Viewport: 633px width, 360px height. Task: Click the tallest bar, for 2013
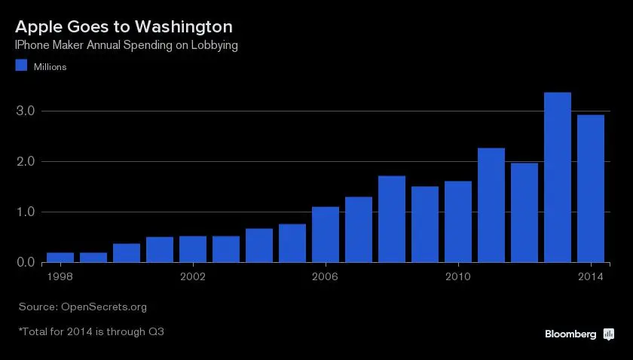tap(558, 177)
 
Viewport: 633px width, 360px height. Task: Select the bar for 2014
tap(591, 188)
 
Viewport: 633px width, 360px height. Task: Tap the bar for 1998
tap(60, 257)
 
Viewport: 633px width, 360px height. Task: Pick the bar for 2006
tap(326, 234)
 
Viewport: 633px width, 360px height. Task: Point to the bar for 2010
tap(458, 221)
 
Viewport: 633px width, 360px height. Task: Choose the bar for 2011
tap(491, 205)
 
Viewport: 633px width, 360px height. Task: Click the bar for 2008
tap(392, 218)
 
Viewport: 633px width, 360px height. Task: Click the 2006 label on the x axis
tap(326, 276)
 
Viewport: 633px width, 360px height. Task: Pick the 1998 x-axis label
tap(60, 276)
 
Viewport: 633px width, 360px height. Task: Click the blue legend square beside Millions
tap(21, 66)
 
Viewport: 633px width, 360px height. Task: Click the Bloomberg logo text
tap(570, 334)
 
